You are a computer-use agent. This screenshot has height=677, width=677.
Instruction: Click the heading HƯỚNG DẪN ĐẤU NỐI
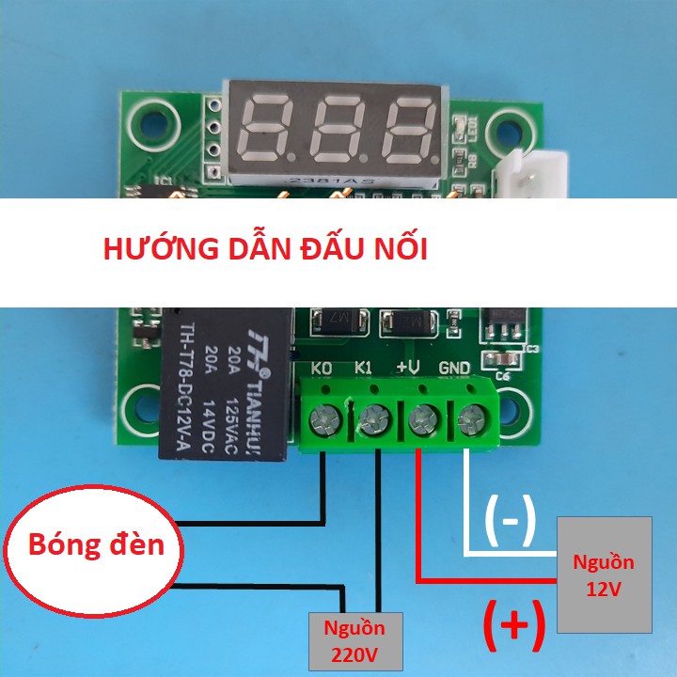tap(265, 251)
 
